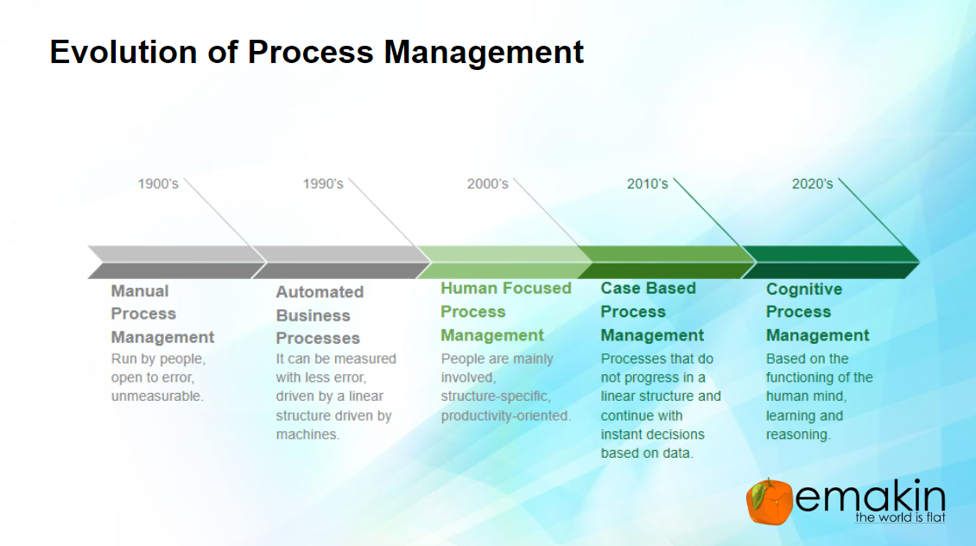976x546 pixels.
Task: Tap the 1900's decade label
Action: pos(158,184)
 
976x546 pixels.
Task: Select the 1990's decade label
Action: pos(323,184)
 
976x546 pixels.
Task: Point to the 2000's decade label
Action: pos(488,184)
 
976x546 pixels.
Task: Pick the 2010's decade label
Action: pos(647,184)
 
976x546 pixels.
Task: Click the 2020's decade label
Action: pos(812,184)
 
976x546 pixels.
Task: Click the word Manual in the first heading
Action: pos(140,291)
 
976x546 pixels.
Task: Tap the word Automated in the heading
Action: pos(320,292)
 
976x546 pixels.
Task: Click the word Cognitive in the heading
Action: pos(804,289)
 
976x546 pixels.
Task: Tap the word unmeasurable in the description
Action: pos(157,397)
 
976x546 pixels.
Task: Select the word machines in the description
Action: pos(308,435)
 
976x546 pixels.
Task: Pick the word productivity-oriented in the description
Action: pos(505,416)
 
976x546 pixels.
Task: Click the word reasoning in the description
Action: pos(798,435)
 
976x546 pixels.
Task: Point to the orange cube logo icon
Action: pos(770,502)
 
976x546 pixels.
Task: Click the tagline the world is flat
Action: pos(900,517)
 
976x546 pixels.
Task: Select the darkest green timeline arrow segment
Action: pos(831,262)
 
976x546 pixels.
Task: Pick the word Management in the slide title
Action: pos(484,53)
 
